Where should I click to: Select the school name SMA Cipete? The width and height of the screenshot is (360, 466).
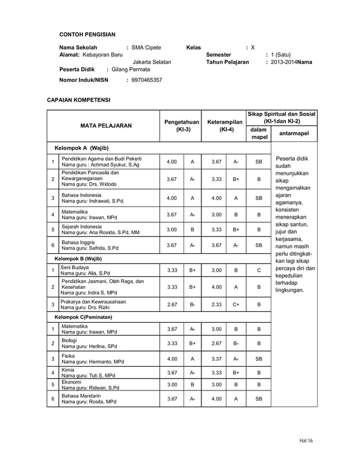click(x=146, y=47)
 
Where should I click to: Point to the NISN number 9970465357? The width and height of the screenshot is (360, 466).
click(x=147, y=80)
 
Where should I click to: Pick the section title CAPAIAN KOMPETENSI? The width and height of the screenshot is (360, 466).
click(x=78, y=100)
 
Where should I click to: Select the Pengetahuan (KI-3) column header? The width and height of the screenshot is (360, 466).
click(x=181, y=125)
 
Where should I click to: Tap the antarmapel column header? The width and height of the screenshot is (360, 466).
click(x=293, y=134)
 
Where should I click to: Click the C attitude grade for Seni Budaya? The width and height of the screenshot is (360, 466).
click(x=259, y=270)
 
